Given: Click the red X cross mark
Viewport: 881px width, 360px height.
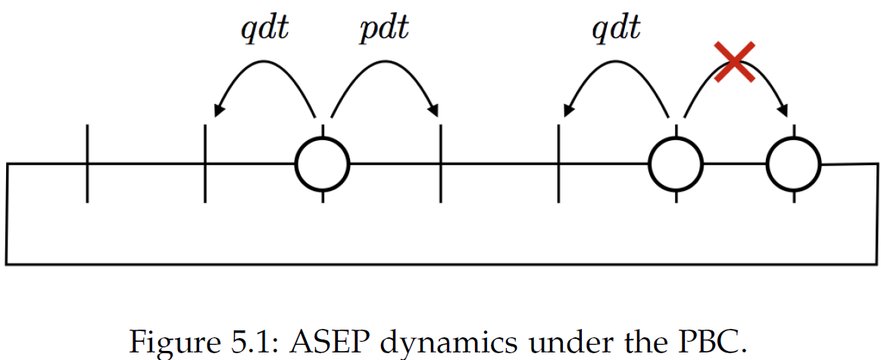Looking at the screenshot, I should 734,62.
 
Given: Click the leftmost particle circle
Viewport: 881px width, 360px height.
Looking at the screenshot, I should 322,163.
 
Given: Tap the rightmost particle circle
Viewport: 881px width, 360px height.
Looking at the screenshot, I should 793,163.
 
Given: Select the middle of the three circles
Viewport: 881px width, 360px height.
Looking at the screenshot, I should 676,163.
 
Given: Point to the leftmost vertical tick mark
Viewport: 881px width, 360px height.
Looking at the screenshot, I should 87,163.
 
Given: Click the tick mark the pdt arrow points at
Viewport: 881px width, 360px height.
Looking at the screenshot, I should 440,163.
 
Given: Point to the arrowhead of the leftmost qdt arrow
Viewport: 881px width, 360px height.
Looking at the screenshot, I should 217,112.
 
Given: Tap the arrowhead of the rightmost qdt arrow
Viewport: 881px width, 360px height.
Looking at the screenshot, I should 567,112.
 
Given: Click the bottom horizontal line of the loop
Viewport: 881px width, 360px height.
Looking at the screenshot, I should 439,264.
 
